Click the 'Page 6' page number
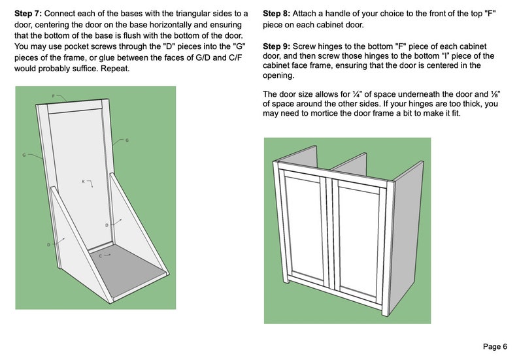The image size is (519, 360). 495,346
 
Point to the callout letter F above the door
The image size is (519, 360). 54,96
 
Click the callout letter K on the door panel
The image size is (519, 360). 83,181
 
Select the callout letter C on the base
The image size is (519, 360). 100,256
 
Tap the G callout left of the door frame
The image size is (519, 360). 24,155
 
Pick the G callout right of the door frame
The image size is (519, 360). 127,140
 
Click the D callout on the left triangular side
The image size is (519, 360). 48,244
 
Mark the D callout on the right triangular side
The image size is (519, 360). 107,225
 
